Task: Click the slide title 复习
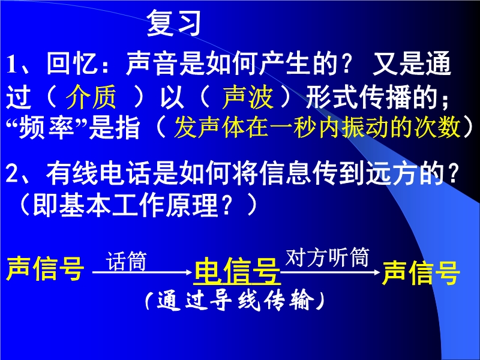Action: (x=173, y=23)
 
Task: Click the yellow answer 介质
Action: (x=91, y=97)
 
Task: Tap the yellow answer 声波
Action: (x=248, y=97)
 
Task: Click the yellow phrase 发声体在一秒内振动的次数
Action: (x=317, y=127)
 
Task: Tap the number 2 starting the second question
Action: (x=13, y=173)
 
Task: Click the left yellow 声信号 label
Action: (x=45, y=268)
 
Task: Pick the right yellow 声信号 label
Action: (x=421, y=272)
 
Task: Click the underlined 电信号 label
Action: (x=238, y=272)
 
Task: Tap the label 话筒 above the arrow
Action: (x=126, y=261)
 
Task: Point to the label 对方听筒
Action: (x=327, y=257)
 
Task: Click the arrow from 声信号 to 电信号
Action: (x=142, y=272)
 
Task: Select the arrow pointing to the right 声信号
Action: (x=331, y=272)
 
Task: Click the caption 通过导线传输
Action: (x=235, y=301)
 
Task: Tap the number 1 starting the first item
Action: (x=11, y=65)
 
